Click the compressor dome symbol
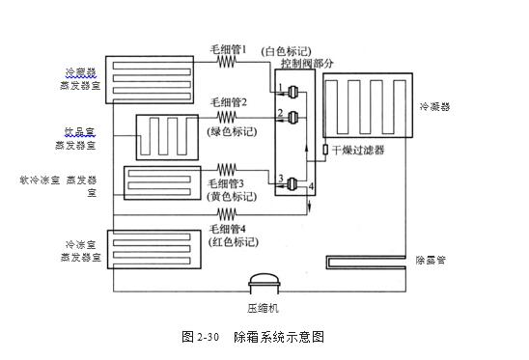point(263,282)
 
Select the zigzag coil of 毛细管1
point(228,61)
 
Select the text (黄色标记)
point(230,196)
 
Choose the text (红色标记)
point(230,242)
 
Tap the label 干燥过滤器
point(361,150)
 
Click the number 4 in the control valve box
point(311,185)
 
